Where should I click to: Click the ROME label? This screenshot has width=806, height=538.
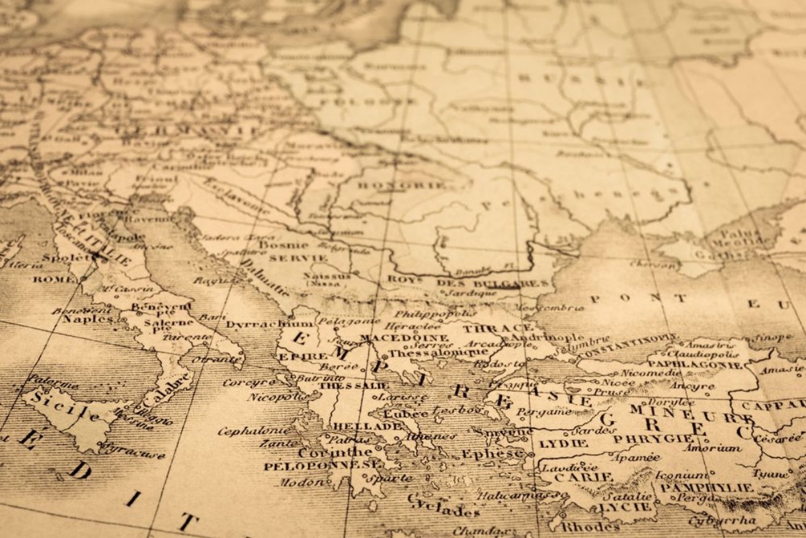click(54, 279)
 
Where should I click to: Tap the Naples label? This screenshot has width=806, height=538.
click(88, 319)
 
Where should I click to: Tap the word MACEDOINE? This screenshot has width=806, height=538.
click(404, 338)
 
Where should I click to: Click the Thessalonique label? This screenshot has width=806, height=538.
click(428, 352)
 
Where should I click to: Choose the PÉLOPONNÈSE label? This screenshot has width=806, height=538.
click(322, 465)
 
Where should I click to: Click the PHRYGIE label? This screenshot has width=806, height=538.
click(643, 438)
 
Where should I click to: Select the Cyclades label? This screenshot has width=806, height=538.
click(444, 507)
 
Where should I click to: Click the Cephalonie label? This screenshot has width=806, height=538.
click(255, 430)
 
